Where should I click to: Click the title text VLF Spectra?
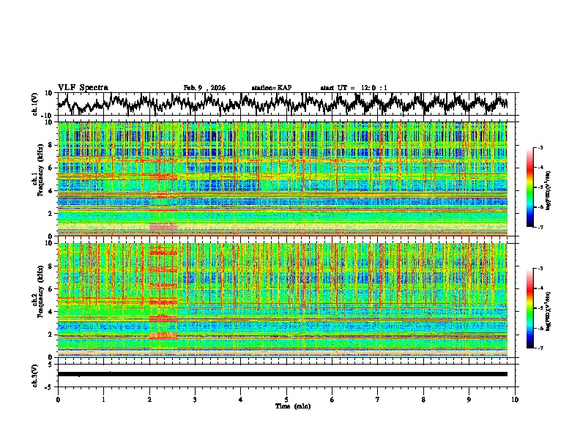[83, 88]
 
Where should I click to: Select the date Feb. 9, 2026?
[204, 88]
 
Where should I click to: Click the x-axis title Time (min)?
[286, 406]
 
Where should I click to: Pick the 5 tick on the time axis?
[286, 399]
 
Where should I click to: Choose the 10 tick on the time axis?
[515, 399]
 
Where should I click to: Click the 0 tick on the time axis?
[58, 399]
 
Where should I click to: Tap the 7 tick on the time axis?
[378, 399]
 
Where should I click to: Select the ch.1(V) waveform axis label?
[36, 104]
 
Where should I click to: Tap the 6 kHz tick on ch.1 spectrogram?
[52, 168]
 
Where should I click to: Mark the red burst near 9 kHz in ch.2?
[163, 253]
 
